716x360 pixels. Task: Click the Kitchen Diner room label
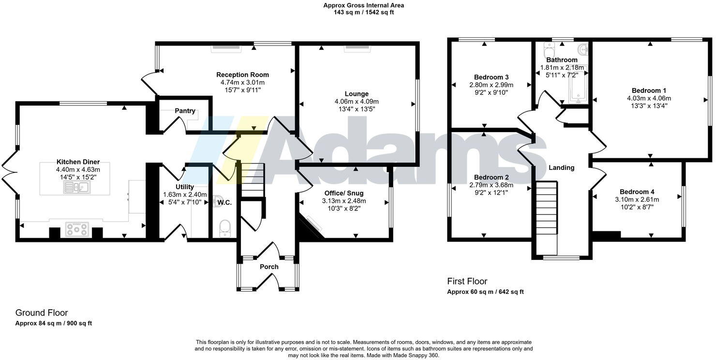tap(78, 162)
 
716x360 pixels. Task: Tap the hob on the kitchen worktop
tap(77, 229)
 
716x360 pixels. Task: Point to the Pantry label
tap(185, 111)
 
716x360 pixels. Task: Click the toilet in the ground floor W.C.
tap(224, 227)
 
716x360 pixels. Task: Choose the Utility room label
tap(185, 187)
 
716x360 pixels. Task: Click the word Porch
tap(269, 267)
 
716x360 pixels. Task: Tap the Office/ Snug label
tap(344, 193)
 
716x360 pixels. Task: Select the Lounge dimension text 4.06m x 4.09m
tap(357, 102)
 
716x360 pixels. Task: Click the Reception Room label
tap(242, 75)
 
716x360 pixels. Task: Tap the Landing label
tap(561, 168)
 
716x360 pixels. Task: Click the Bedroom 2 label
tap(491, 177)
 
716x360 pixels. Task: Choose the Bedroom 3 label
tap(491, 77)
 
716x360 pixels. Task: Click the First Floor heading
tap(467, 282)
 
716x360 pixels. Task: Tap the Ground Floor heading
tap(42, 313)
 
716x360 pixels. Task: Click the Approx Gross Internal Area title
tap(363, 5)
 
